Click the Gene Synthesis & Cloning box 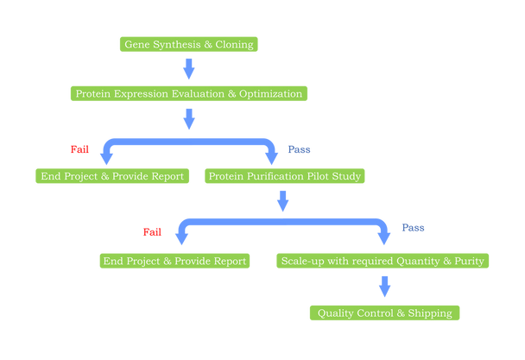pos(189,44)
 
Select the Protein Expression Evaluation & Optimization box pos(189,93)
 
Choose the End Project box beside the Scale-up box pos(174,261)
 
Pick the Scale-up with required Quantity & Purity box pos(383,261)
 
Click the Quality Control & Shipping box pos(384,313)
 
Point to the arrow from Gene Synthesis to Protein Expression pos(189,69)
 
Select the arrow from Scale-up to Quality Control pos(384,287)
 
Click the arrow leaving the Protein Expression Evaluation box pos(189,119)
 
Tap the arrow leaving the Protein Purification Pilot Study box pos(282,202)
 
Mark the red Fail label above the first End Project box pos(79,149)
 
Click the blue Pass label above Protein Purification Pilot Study pos(299,149)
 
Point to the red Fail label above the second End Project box pos(152,231)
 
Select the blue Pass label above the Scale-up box pos(413,228)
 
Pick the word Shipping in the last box pos(429,313)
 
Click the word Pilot pos(319,176)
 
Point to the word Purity pos(467,261)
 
